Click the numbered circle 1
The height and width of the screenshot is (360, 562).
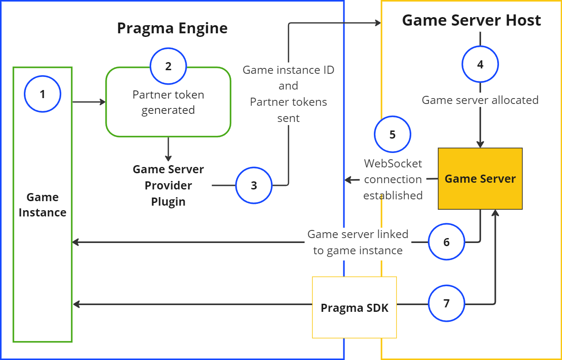click(42, 94)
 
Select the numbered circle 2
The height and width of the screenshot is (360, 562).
click(168, 67)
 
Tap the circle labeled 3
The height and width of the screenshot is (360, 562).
click(254, 185)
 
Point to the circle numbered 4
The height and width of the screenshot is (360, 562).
click(480, 64)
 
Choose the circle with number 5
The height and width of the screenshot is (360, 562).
click(392, 135)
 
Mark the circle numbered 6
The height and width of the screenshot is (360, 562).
click(446, 242)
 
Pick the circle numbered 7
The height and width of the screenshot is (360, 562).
click(446, 304)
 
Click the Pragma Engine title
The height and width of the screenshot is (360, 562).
click(172, 28)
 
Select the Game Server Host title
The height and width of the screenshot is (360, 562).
click(471, 20)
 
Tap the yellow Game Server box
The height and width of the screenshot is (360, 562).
click(480, 179)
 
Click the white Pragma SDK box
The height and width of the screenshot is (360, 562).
click(354, 308)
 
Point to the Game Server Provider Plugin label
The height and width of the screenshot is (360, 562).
click(168, 185)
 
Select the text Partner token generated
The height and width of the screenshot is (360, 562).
click(168, 103)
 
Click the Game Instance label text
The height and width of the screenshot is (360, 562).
click(43, 205)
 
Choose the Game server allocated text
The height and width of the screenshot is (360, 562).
click(480, 100)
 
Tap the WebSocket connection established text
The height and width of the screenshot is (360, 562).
click(393, 179)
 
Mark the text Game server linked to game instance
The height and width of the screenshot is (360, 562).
click(358, 242)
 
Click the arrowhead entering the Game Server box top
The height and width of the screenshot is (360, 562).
click(480, 144)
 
